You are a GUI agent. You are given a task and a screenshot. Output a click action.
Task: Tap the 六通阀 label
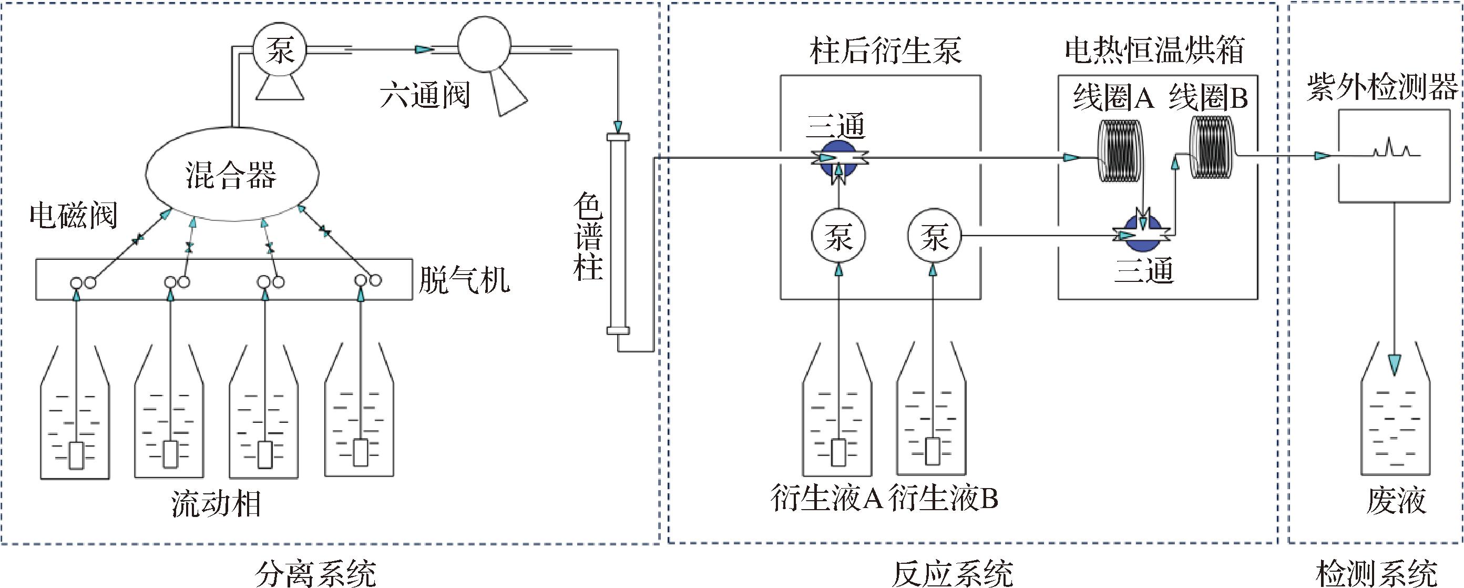(425, 95)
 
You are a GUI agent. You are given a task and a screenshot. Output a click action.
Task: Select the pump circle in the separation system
(279, 49)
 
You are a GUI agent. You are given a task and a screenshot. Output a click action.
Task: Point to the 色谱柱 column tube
(618, 234)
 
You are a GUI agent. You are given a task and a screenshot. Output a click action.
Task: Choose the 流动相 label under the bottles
(216, 504)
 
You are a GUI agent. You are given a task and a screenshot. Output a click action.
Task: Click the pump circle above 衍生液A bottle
(838, 236)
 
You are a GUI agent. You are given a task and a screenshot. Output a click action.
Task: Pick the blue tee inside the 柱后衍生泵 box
(839, 160)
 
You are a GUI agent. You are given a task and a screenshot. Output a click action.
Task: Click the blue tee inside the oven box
(1143, 231)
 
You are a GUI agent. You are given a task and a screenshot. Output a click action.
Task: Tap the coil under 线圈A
(1118, 151)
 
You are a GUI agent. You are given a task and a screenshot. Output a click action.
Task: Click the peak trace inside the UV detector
(1391, 148)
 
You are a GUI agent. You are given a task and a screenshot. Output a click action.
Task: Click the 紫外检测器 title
(1381, 88)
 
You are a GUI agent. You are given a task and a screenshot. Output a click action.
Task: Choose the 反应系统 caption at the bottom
(953, 573)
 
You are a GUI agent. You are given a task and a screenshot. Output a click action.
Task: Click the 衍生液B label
(943, 498)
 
